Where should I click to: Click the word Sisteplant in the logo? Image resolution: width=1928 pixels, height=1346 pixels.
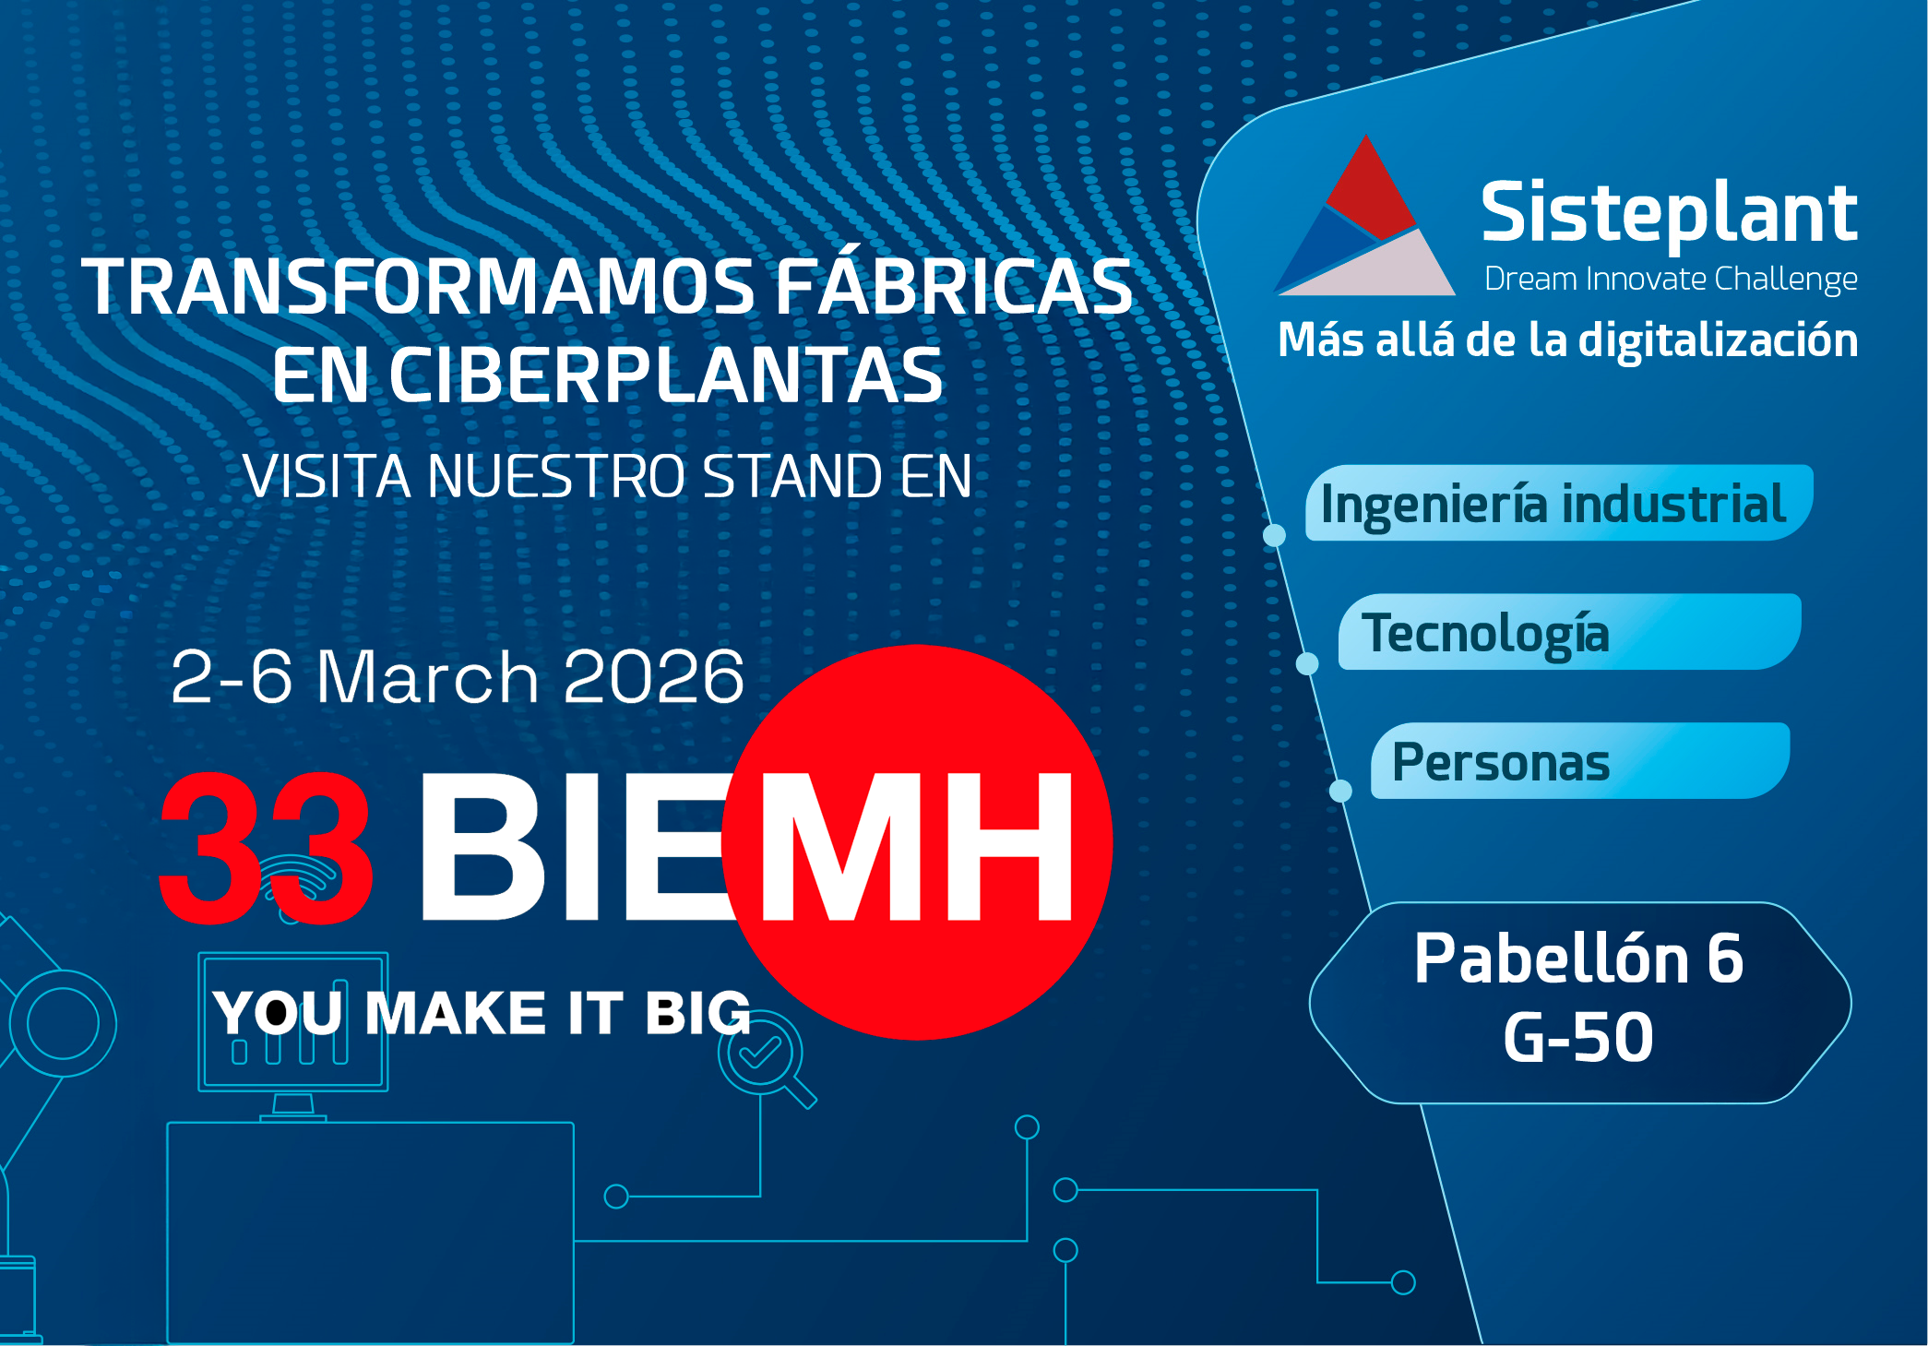(x=1669, y=214)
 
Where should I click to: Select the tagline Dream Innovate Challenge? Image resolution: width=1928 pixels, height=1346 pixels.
(x=1671, y=279)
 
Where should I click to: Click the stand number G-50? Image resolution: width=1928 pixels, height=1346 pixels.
(x=1578, y=1037)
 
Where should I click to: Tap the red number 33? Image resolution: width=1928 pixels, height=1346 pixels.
(x=266, y=846)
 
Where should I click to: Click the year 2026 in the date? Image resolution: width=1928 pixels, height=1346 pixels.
(x=653, y=677)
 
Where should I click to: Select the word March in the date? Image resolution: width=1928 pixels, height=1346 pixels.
(x=427, y=677)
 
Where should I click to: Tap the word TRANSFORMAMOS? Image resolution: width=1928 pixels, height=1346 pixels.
(x=418, y=287)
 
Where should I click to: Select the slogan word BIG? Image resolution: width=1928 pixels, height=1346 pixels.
(x=697, y=1014)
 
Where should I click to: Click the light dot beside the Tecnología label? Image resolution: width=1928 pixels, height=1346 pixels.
(x=1307, y=663)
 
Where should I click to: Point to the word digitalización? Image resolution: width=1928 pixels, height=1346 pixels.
(x=1719, y=340)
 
